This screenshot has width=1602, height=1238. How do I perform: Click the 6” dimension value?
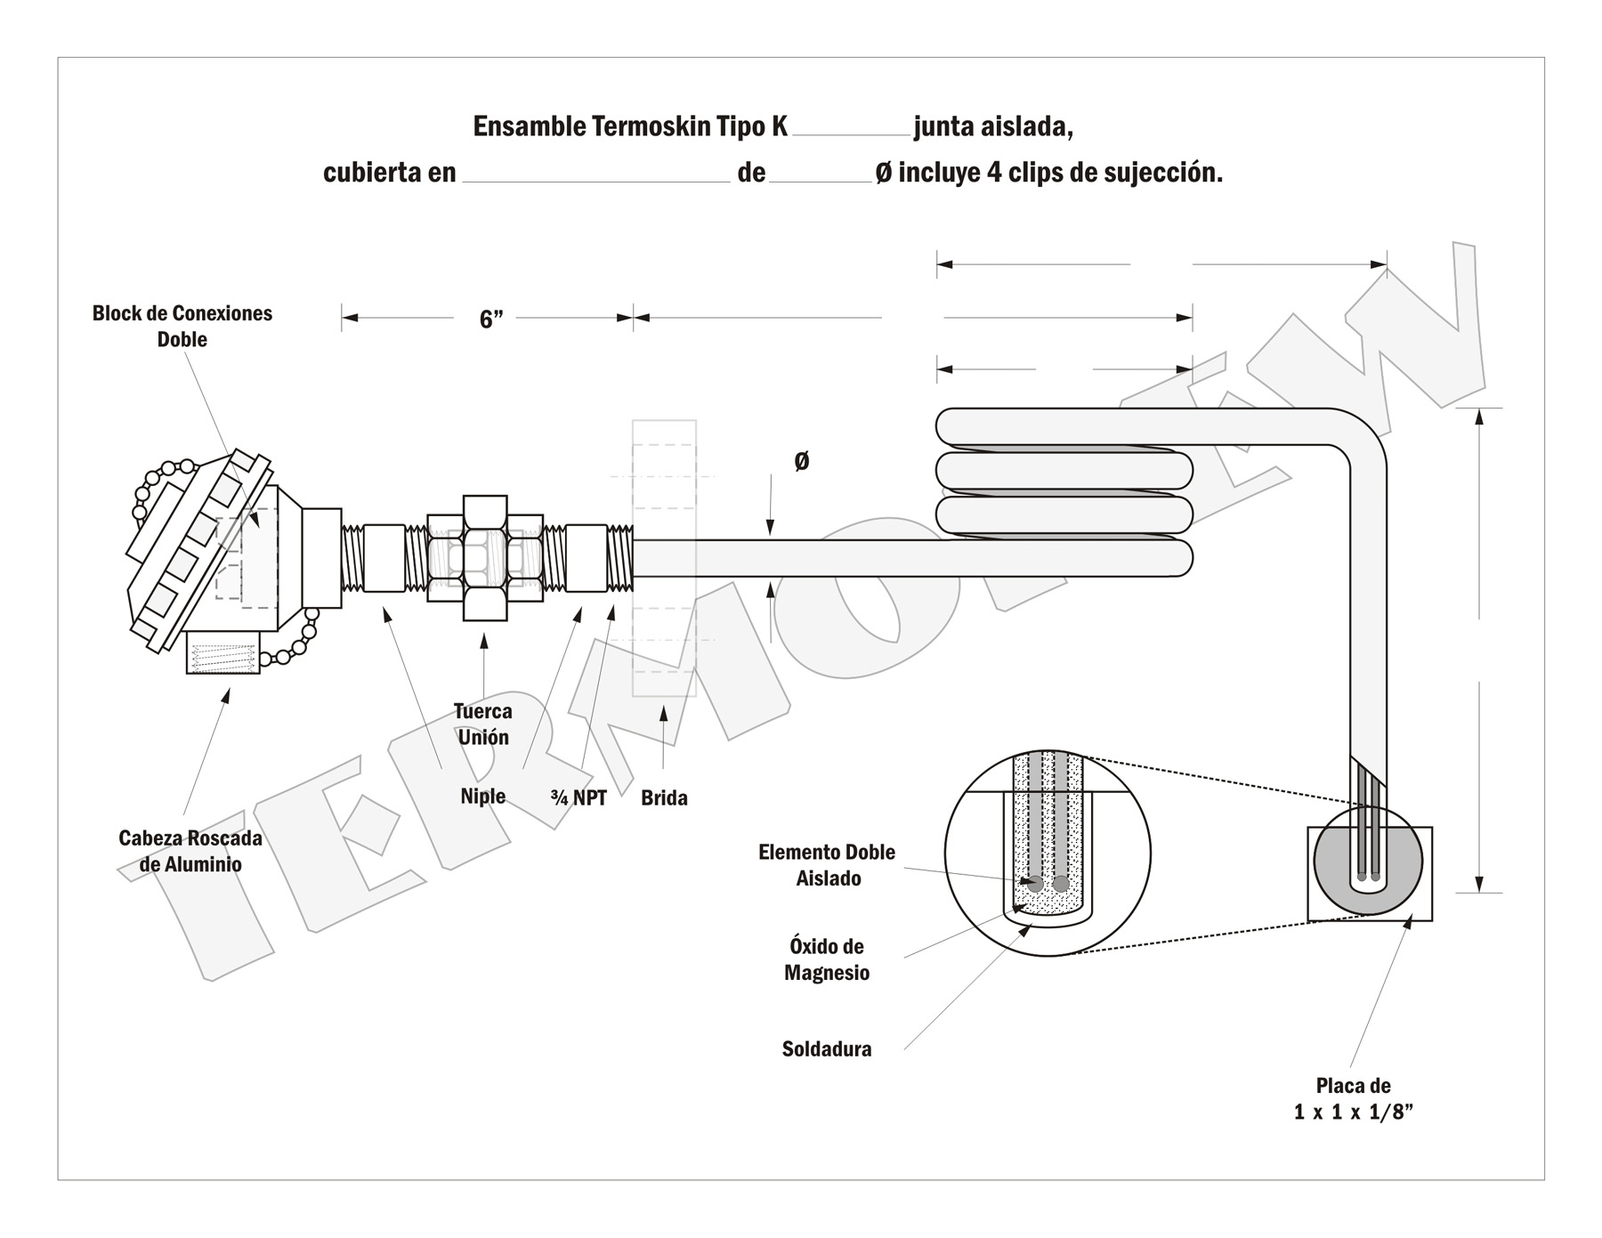click(x=490, y=320)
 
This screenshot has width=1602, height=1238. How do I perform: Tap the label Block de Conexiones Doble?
click(x=182, y=326)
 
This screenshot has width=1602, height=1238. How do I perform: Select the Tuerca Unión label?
click(x=483, y=724)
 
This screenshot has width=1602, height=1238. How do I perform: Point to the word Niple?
click(x=482, y=797)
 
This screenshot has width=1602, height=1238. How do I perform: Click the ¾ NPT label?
click(x=578, y=797)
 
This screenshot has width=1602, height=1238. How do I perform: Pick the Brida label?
click(x=664, y=797)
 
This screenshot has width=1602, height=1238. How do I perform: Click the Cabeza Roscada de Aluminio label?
click(x=190, y=851)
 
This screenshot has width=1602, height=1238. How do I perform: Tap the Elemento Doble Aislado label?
click(x=827, y=865)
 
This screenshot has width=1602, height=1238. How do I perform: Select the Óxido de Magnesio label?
click(x=827, y=959)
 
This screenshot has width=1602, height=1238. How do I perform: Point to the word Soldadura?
click(x=827, y=1049)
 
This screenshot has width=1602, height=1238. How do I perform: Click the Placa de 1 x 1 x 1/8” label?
click(x=1353, y=1098)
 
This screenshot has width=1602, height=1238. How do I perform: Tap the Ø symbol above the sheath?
click(x=801, y=461)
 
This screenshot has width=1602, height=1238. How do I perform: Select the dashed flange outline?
click(x=664, y=558)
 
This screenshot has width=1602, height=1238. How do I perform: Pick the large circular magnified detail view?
click(x=1048, y=853)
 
